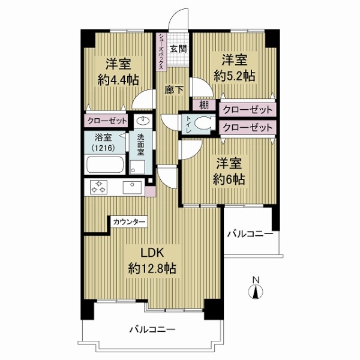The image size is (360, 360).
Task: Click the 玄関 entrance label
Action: [x=178, y=49]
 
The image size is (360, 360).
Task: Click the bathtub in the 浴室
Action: [x=104, y=164]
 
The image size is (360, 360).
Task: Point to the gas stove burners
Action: [x=99, y=187]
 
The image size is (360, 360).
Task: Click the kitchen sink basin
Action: [x=132, y=187]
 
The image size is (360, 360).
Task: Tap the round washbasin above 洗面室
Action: [x=143, y=120]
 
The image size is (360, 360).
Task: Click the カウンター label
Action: [x=129, y=222]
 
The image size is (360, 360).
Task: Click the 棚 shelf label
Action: [x=204, y=106]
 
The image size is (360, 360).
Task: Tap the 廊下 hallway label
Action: [x=174, y=90]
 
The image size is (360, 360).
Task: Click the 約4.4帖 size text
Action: [x=118, y=80]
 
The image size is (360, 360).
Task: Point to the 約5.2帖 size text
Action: [x=235, y=76]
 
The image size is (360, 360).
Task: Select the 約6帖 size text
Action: [x=229, y=179]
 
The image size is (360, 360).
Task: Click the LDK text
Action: [x=152, y=253]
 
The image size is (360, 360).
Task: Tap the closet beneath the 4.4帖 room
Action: [x=106, y=121]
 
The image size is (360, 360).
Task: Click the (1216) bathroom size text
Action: [x=103, y=148]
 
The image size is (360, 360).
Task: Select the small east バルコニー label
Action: [x=250, y=234]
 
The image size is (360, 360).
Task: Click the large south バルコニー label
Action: [x=152, y=329]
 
